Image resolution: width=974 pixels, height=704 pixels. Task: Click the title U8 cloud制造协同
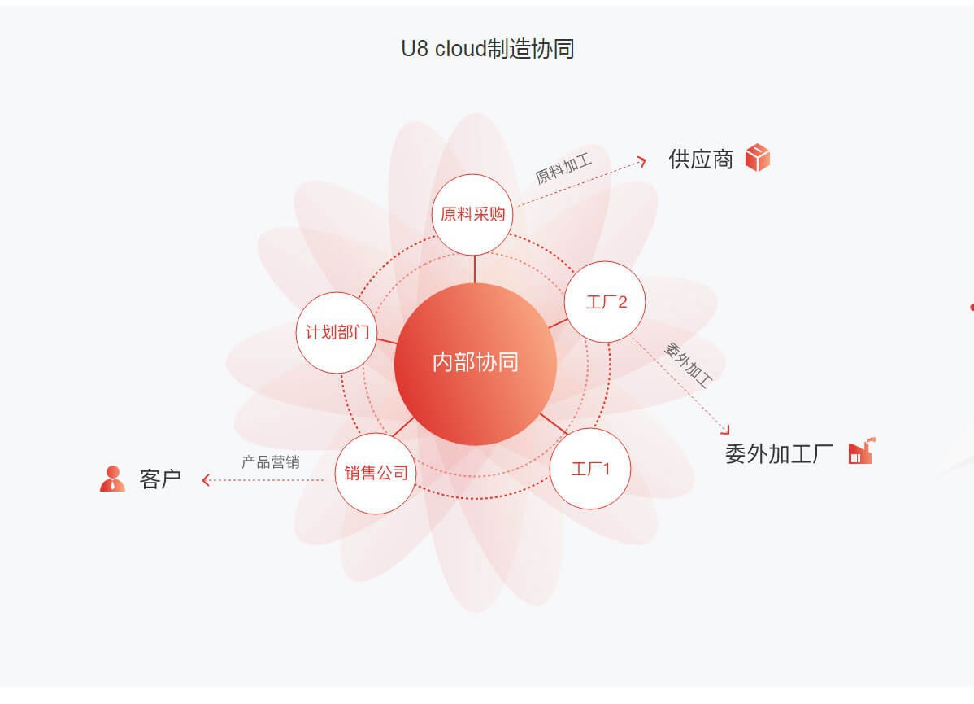pos(488,49)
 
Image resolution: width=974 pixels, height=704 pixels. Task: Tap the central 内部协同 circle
pos(475,364)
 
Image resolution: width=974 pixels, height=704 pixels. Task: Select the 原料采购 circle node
pos(472,215)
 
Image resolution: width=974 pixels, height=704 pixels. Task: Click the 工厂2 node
pos(605,302)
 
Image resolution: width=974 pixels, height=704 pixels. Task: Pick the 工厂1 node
pos(590,468)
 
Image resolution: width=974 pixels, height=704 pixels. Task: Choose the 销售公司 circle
pos(376,474)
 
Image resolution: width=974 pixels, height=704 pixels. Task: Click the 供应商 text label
pos(701,160)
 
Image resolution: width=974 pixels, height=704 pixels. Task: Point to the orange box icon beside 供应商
pos(757,157)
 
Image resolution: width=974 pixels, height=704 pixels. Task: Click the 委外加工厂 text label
pos(779,454)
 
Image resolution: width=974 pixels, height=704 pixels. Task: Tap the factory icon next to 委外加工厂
pos(862,452)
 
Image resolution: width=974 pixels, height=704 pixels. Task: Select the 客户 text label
pos(160,479)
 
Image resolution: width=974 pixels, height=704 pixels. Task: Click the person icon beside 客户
pos(112,479)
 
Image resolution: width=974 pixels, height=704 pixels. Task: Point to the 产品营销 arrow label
pos(271,462)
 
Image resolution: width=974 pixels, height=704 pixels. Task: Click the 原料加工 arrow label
pos(563,168)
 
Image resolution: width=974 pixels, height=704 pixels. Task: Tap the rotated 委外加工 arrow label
pos(689,365)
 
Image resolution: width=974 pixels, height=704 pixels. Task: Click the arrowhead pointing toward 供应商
pos(643,162)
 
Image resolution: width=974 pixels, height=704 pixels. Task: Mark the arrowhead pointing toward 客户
pos(206,480)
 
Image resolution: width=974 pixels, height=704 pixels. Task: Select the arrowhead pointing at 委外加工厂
pos(725,430)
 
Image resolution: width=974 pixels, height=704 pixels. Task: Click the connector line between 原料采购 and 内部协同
pos(475,269)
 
